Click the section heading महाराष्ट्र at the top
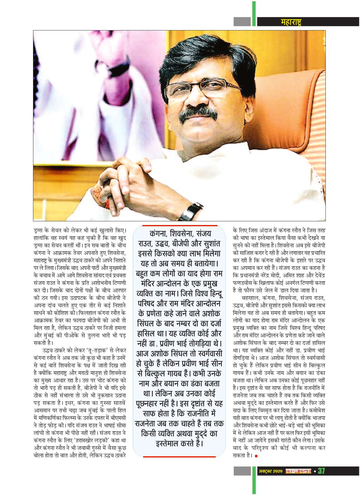[x=291, y=22]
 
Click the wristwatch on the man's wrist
[x=194, y=211]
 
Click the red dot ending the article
[x=256, y=456]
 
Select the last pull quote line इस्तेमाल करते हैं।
[x=179, y=443]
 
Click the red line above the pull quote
[x=179, y=225]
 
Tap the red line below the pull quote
[x=179, y=457]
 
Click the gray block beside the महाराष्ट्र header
[x=242, y=22]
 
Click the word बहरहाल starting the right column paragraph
[x=248, y=298]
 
